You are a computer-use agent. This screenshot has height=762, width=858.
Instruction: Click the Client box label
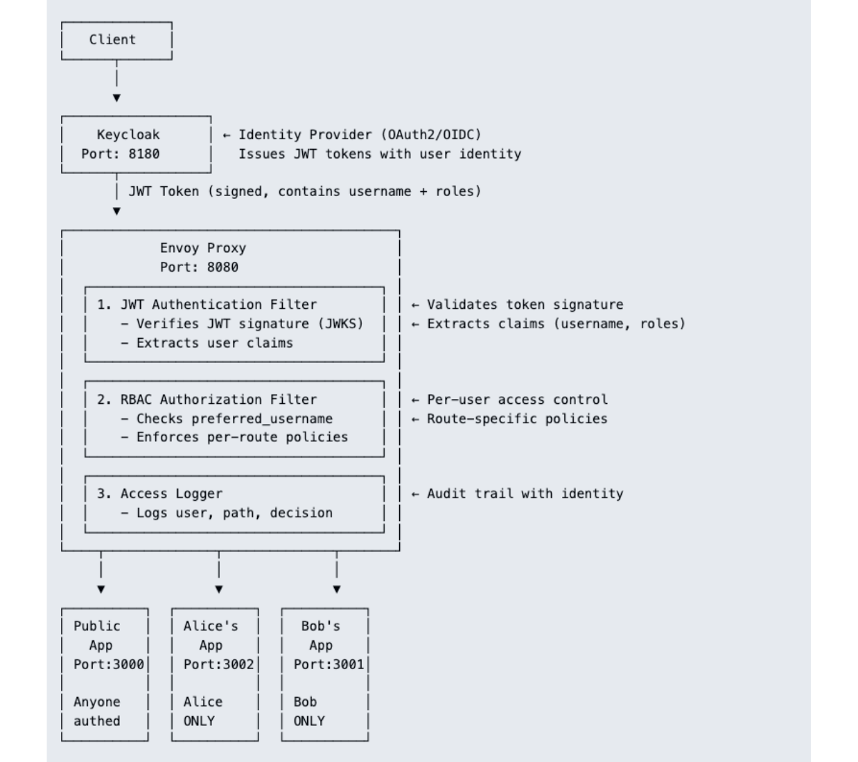pos(112,39)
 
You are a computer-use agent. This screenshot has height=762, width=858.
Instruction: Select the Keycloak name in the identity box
pos(128,134)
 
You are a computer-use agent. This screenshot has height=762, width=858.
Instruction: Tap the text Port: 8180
pos(120,154)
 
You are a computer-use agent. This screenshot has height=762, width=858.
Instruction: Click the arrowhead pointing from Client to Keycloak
pos(116,98)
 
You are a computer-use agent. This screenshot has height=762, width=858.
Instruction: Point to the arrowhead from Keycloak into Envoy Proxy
pos(116,211)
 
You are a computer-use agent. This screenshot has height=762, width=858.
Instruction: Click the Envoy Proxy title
pos(202,248)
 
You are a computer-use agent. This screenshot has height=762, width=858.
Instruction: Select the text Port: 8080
pos(199,267)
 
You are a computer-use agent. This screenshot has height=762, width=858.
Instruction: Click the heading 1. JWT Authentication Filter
pos(207,305)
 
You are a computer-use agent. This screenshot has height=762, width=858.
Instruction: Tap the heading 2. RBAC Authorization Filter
pos(207,400)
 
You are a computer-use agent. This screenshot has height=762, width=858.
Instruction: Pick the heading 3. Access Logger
pos(159,494)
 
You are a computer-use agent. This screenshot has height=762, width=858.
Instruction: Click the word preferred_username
pos(262,419)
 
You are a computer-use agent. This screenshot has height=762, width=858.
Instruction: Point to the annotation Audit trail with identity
pos(525,494)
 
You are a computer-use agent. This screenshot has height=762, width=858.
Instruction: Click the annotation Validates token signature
pos(525,305)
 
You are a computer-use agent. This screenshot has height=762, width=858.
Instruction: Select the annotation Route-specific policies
pos(517,419)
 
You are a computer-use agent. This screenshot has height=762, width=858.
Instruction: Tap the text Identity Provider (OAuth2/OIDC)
pos(360,134)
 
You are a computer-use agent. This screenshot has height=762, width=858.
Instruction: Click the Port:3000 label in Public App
pos(109,664)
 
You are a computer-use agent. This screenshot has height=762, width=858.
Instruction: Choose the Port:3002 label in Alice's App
pos(218,664)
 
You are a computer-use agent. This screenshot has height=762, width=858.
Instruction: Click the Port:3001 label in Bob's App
pos(329,664)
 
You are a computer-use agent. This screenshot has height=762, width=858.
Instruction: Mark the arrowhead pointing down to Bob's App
pos(337,589)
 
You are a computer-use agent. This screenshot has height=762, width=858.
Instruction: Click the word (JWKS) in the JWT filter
pos(340,324)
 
